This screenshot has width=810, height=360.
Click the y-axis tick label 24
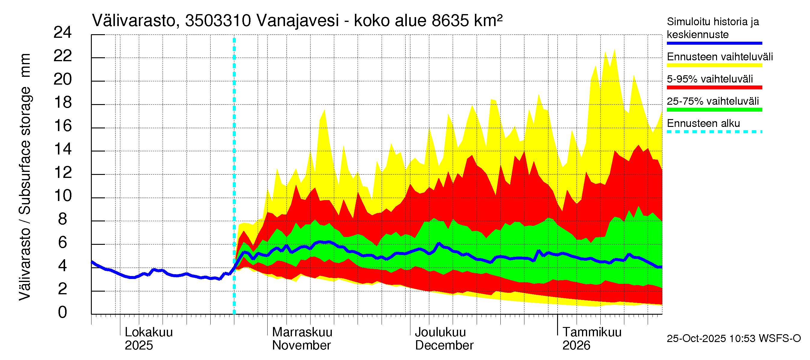tap(63, 32)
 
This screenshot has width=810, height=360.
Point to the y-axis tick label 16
tap(63, 126)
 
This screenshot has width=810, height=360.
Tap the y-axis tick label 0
tap(63, 312)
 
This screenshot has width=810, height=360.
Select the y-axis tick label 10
tap(63, 196)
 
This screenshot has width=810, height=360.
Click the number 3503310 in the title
tap(218, 21)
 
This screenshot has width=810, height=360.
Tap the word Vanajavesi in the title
tap(298, 21)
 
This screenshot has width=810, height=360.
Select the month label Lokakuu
tap(149, 332)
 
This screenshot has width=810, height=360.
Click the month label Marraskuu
tap(302, 332)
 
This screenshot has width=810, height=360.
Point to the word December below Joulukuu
tap(444, 345)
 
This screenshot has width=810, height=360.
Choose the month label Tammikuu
tap(592, 332)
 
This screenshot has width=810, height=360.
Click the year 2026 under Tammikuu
tap(576, 345)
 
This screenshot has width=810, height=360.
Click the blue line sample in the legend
tap(714, 43)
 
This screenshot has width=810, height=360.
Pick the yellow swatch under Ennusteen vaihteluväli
tap(714, 65)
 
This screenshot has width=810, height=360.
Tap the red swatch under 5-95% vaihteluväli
tap(714, 87)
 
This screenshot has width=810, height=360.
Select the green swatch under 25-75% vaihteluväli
tap(714, 110)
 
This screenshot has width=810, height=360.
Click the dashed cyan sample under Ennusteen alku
tap(714, 132)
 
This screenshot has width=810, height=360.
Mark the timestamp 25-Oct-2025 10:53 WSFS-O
tap(733, 338)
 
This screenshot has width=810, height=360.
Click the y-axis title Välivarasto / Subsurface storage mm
tap(25, 177)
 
